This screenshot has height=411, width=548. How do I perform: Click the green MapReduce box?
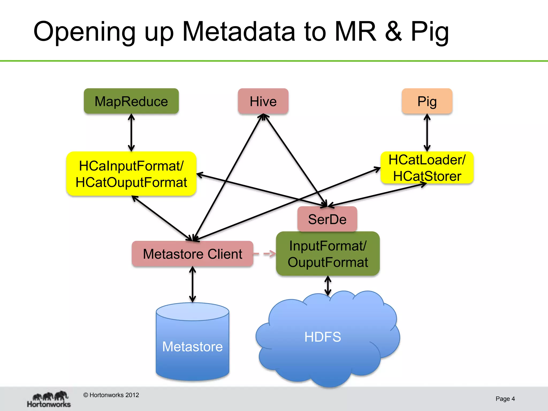tap(131, 101)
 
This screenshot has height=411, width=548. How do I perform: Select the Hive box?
tap(263, 101)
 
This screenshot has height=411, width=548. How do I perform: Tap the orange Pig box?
tap(427, 101)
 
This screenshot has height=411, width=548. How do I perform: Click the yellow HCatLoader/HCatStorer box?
tap(427, 168)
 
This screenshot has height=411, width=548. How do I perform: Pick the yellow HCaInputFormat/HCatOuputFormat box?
tap(131, 174)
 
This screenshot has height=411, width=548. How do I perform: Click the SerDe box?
tap(327, 219)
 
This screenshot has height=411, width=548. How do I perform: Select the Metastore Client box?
tap(192, 254)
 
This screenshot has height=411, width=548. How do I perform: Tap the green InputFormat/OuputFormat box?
tap(328, 254)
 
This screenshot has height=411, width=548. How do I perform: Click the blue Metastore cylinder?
tap(192, 345)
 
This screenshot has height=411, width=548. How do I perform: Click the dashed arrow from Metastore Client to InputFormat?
tap(264, 253)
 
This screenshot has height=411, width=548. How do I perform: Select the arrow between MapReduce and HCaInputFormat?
tap(131, 133)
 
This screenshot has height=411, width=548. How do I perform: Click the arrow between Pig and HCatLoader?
tap(427, 133)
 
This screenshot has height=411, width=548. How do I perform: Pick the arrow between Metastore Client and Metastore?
tap(192, 284)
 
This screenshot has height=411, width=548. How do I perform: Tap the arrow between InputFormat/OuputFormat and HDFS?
tap(328, 286)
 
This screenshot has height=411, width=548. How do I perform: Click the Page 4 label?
tap(505, 399)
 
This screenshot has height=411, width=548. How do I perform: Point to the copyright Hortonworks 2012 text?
tap(111, 395)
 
